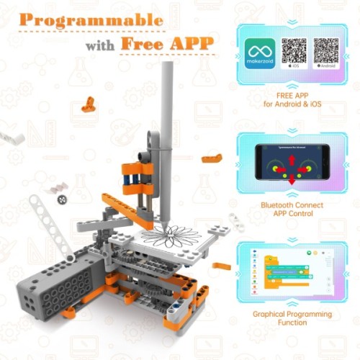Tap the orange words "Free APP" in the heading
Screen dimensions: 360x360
click(x=167, y=43)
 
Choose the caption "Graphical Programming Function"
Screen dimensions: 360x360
click(x=292, y=319)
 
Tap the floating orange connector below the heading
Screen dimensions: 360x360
click(x=89, y=102)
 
